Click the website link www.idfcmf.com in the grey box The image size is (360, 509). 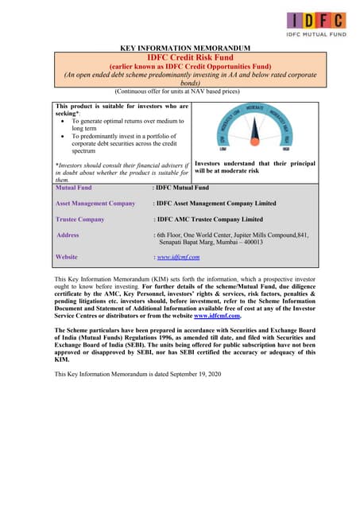point(178,257)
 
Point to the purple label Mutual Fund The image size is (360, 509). point(74,188)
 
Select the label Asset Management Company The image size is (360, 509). point(95,203)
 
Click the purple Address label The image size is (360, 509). point(68,235)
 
